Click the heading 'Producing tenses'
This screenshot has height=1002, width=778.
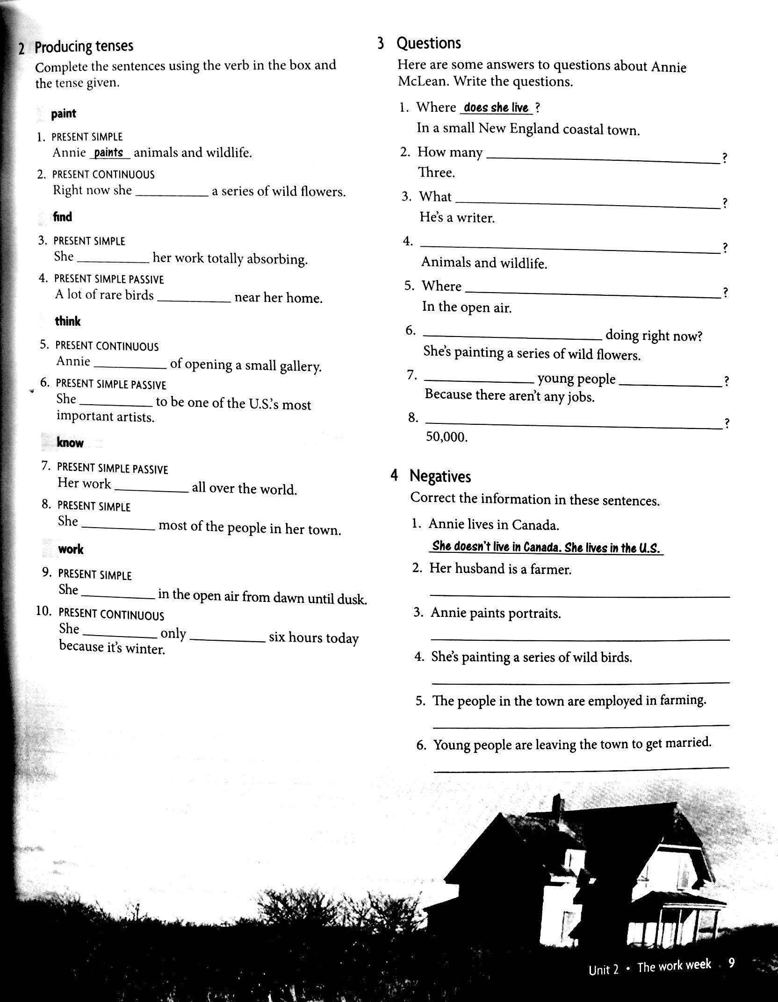(84, 47)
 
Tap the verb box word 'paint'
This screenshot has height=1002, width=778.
(64, 114)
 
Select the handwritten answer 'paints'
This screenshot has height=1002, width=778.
(108, 152)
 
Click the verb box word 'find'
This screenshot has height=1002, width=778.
(63, 217)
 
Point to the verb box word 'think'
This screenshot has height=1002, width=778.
(68, 321)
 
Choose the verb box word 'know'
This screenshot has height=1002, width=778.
(70, 443)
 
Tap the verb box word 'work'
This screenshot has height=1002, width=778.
(71, 549)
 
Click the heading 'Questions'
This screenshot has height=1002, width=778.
(429, 43)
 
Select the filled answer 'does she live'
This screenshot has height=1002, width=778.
(496, 107)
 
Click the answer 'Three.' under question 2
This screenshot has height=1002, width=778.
(437, 173)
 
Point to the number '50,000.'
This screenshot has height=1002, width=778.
(447, 437)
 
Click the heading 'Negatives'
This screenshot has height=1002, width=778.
(440, 476)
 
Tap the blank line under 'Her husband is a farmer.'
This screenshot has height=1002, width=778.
(579, 595)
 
